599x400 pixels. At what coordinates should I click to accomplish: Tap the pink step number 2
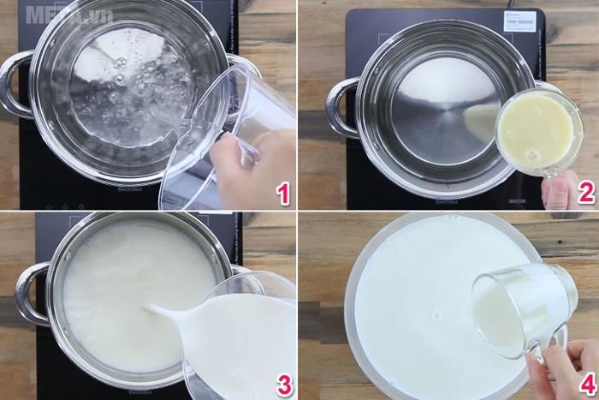click(584, 193)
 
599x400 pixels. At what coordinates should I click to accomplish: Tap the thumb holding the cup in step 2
click(561, 189)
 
